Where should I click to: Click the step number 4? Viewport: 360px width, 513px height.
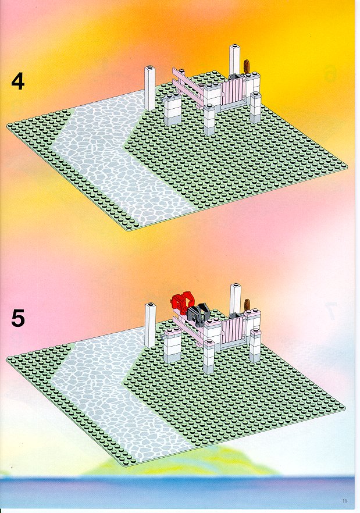(x=17, y=81)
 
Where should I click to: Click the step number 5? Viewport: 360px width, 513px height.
(x=17, y=318)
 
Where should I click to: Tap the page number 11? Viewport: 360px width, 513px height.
(x=345, y=501)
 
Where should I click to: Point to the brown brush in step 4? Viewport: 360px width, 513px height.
(x=247, y=67)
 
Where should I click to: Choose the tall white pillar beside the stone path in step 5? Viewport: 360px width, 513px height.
(x=150, y=326)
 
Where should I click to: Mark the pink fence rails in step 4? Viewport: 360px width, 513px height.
(x=189, y=85)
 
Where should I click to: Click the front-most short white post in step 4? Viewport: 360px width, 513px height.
(x=209, y=120)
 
